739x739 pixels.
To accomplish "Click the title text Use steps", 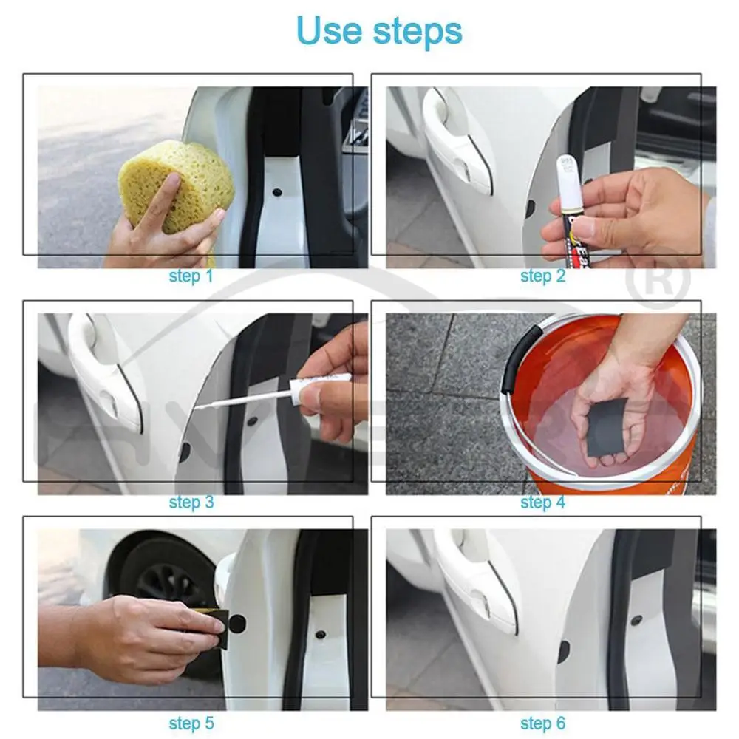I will (x=379, y=31).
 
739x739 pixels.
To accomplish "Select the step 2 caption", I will (x=542, y=276).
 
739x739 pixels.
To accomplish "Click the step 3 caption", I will (x=191, y=503).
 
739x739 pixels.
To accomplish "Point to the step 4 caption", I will (x=542, y=503).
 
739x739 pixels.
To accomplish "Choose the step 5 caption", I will (x=191, y=722).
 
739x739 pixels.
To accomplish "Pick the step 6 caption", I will (x=542, y=722).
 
